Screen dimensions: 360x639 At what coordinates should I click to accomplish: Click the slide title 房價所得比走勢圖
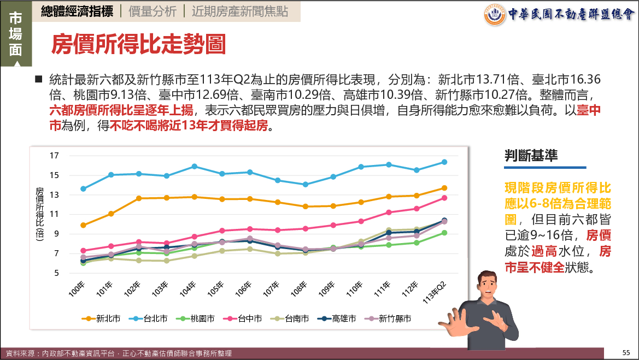click(x=138, y=45)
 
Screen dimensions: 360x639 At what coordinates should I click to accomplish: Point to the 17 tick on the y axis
click(x=54, y=156)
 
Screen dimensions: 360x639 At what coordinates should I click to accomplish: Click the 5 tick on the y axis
click(x=56, y=273)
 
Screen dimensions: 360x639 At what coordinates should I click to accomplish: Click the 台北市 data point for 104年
click(x=194, y=167)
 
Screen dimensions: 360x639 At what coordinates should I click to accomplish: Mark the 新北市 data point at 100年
click(x=83, y=225)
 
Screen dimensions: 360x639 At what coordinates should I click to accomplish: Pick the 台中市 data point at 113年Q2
click(x=444, y=198)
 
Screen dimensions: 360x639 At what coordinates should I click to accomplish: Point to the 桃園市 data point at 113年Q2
click(x=444, y=233)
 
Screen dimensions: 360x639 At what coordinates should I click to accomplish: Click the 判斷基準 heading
click(x=531, y=155)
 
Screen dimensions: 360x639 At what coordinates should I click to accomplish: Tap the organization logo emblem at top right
click(x=495, y=14)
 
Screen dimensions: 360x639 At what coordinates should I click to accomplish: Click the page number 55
click(x=626, y=352)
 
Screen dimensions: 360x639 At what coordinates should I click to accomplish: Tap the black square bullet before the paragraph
click(x=38, y=79)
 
